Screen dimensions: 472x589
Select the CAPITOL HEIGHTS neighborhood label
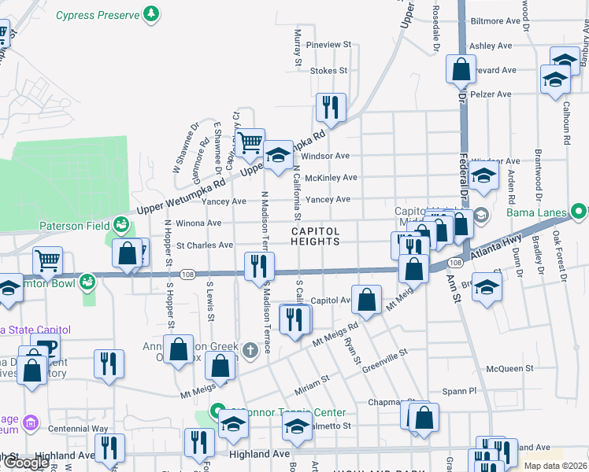pyautogui.click(x=316, y=236)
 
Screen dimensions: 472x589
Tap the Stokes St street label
pyautogui.click(x=328, y=71)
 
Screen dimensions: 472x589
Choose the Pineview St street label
pyautogui.click(x=328, y=45)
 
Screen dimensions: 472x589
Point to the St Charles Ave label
pyautogui.click(x=204, y=245)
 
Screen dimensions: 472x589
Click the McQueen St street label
pyautogui.click(x=509, y=367)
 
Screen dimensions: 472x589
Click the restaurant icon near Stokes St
pyautogui.click(x=331, y=107)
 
